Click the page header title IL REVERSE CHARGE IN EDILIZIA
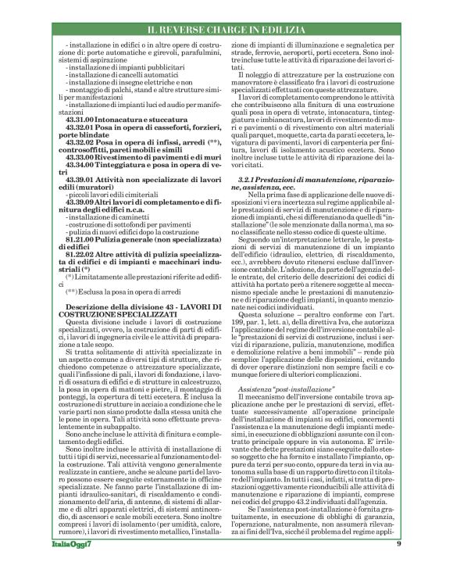coord(226,30)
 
